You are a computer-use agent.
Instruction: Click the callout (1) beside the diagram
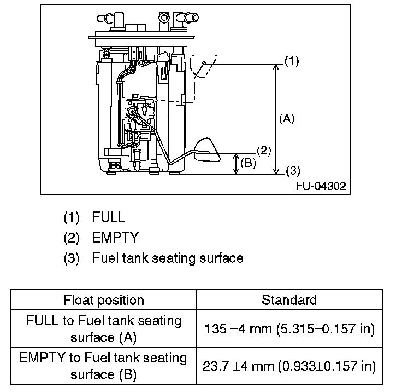292,61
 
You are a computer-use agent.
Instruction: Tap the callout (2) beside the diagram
263,150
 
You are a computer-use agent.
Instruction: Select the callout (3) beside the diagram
293,170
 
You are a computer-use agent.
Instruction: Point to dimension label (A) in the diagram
286,118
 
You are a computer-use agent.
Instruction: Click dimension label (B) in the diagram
249,163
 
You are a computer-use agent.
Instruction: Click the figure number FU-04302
321,186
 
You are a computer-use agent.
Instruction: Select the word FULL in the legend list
109,217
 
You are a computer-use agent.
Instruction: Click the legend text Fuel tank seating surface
168,257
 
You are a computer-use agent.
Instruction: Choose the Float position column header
104,300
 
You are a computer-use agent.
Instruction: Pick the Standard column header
289,300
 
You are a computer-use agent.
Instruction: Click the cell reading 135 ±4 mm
289,329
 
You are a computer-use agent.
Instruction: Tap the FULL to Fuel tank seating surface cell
104,329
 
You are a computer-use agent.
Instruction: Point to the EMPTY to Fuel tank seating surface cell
104,367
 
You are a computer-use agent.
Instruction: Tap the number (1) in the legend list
72,217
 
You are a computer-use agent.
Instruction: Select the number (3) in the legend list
72,257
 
